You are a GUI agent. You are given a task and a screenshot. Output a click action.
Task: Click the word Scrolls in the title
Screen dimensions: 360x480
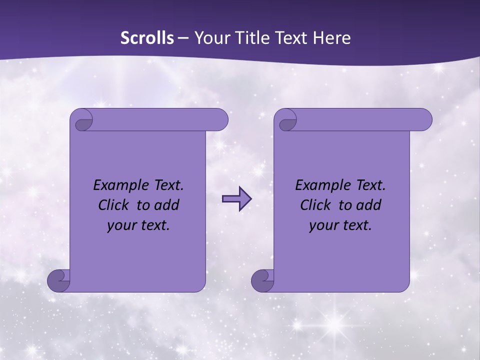tap(147, 38)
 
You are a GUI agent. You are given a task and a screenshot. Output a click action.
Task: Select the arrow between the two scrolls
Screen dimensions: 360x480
tap(236, 199)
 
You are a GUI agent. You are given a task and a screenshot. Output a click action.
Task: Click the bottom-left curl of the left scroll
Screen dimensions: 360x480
tap(58, 280)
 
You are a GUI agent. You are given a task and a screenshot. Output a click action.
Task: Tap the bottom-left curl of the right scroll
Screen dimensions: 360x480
tap(262, 280)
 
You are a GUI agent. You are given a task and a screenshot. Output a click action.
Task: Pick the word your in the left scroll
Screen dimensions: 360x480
tap(120, 225)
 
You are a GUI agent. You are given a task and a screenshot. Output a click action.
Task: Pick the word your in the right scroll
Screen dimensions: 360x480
tap(322, 225)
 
